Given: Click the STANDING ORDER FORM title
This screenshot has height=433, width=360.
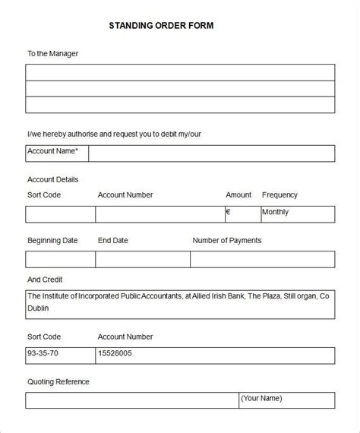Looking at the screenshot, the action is [x=162, y=25].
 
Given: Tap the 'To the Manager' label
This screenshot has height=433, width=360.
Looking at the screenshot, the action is [x=52, y=54].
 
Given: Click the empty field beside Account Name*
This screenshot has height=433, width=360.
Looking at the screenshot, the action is [x=211, y=153].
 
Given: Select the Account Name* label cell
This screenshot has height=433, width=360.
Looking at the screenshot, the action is [x=57, y=152].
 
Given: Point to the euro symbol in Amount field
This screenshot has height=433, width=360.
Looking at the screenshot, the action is [x=228, y=213].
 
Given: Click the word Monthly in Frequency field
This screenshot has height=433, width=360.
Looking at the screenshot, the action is [x=275, y=213].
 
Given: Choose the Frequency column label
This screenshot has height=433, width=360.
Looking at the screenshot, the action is [x=279, y=195].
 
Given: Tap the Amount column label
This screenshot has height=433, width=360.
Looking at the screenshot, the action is [x=238, y=195].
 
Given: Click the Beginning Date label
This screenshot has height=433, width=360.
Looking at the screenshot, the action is [x=52, y=241].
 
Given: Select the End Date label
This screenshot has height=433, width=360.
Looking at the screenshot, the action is [x=112, y=241].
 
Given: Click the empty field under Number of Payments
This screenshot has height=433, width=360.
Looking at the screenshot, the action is [x=262, y=259].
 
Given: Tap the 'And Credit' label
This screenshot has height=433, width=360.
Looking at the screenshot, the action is [x=45, y=280].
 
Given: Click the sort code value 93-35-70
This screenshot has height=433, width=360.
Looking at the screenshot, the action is [x=43, y=354].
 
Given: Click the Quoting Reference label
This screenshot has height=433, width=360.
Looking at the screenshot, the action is [x=58, y=382].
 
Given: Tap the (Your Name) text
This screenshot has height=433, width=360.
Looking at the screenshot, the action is [x=262, y=398].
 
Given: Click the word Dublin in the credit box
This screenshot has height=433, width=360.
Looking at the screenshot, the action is [x=39, y=308].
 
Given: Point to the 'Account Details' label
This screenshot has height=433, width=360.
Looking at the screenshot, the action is [x=52, y=180].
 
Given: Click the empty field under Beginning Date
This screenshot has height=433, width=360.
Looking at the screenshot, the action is [x=60, y=259].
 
